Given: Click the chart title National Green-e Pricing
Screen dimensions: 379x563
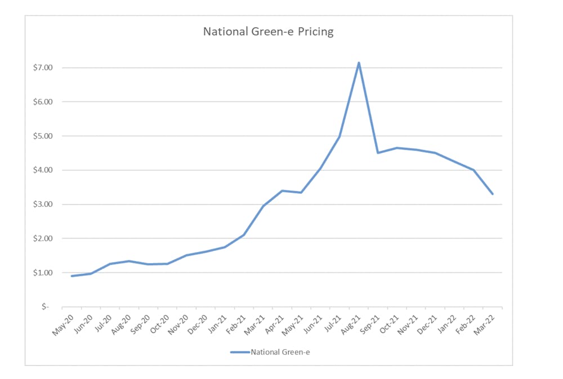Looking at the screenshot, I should coord(268,31).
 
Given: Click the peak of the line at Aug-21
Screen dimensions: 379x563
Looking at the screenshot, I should coord(359,62).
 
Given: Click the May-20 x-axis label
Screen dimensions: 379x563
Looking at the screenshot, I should coord(63,322).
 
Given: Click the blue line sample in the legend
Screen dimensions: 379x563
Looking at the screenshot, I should coord(239,352).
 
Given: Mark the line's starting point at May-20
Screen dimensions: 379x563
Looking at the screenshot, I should coord(72,276).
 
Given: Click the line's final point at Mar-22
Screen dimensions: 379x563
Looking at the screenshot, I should coord(493,194).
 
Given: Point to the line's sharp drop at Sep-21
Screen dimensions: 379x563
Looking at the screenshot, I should coord(378,152).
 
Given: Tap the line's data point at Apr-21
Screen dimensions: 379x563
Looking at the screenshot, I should coord(282,191).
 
